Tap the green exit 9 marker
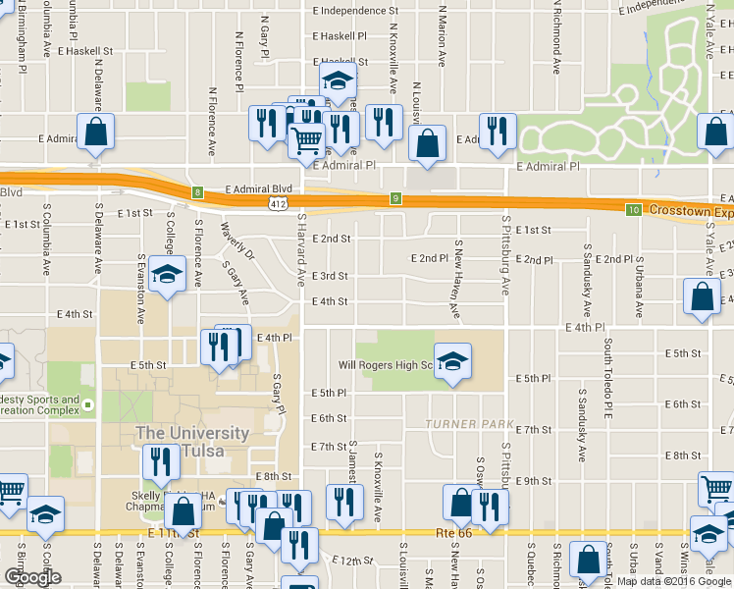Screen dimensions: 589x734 395,198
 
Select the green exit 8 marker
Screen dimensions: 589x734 197,192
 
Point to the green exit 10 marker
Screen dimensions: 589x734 634,209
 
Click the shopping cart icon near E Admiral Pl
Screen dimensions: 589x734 307,140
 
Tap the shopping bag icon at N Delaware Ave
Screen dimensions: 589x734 95,132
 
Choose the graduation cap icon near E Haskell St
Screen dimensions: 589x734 338,80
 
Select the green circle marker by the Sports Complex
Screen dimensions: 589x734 87,403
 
